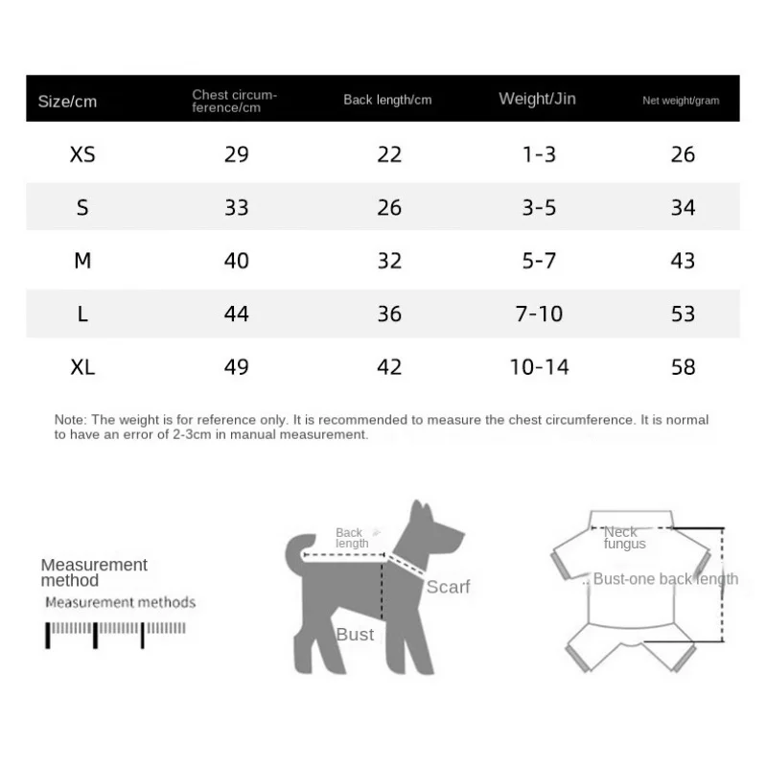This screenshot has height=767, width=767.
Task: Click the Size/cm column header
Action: coord(67,101)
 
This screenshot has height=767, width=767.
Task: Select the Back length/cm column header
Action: coord(387,100)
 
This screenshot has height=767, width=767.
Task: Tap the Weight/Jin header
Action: coord(537,99)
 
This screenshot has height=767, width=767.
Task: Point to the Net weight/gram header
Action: coord(681,100)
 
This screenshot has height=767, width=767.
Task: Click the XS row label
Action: coord(82,154)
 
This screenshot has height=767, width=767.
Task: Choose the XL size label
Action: coord(82,366)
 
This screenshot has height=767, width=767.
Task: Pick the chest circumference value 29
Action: coord(236,154)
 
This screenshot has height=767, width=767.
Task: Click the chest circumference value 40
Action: coord(236,261)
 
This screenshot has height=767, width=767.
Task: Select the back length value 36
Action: coord(389,314)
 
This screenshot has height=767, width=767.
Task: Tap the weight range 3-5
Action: coord(539,207)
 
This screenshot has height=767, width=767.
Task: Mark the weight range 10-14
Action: coord(539,366)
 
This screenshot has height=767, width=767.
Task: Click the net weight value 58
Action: coord(683,366)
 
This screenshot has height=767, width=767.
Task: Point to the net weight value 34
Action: coord(683,207)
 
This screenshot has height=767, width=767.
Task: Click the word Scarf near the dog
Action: coord(448,587)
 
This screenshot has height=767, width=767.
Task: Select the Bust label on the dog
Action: coord(355,635)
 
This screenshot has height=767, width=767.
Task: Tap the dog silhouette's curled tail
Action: coord(296,547)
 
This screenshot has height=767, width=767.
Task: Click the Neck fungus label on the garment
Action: coord(624,538)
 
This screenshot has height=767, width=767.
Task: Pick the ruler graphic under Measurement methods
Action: coord(115,633)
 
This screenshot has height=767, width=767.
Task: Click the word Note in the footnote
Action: coord(69,420)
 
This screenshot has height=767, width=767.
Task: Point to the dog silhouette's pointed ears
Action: coord(417,510)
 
